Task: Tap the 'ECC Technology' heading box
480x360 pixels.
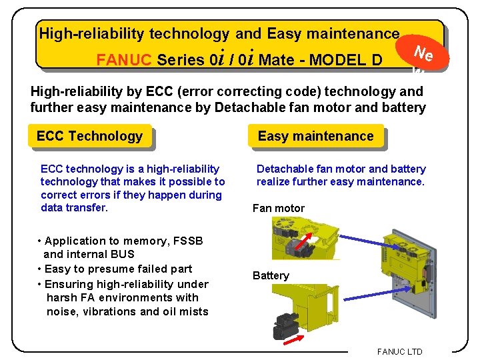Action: [89, 137]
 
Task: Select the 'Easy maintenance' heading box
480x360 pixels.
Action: [315, 137]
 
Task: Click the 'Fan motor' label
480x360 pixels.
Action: [278, 209]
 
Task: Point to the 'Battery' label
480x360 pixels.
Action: [271, 276]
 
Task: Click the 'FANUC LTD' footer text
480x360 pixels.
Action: [399, 351]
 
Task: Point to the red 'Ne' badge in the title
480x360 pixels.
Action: [423, 54]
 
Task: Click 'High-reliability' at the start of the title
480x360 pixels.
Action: [92, 33]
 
